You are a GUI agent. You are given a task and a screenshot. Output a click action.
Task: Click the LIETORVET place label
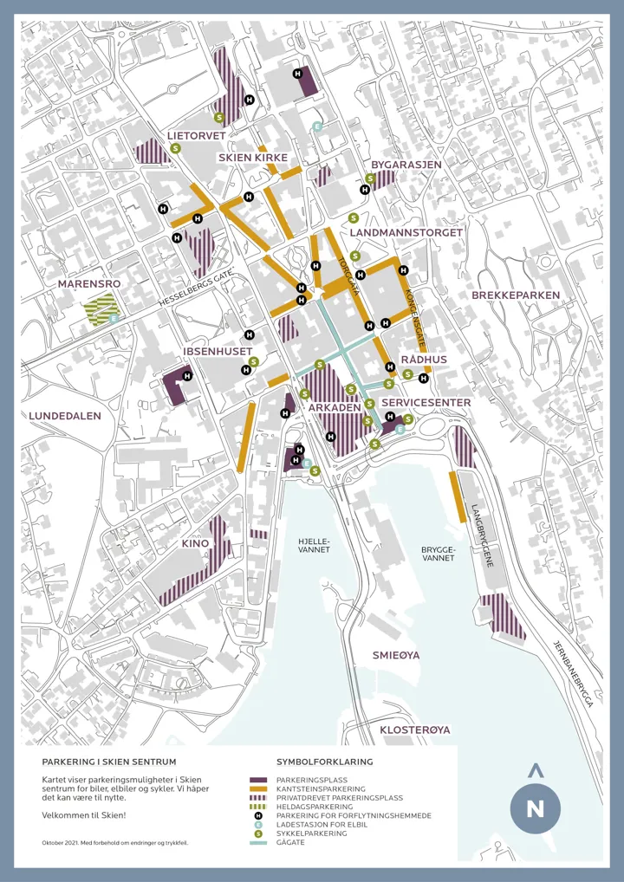tap(196, 136)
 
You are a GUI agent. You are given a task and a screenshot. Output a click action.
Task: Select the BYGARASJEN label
tap(406, 164)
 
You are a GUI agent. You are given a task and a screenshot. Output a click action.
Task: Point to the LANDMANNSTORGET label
tap(406, 232)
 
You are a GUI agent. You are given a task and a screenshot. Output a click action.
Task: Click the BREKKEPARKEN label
tap(516, 295)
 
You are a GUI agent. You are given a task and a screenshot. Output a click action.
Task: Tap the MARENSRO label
tap(88, 283)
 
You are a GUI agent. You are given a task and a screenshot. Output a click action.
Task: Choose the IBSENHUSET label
tap(218, 351)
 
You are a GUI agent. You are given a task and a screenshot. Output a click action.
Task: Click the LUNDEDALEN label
tap(65, 416)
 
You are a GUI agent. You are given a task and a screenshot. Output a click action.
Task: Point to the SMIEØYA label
tap(396, 655)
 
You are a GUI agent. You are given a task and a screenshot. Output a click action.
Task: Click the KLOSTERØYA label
tap(415, 730)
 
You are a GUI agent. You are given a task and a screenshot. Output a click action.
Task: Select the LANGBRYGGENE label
tap(483, 536)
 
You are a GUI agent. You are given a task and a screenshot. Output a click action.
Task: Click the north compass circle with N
tap(535, 809)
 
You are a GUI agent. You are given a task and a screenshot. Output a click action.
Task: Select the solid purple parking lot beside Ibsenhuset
tap(177, 384)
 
